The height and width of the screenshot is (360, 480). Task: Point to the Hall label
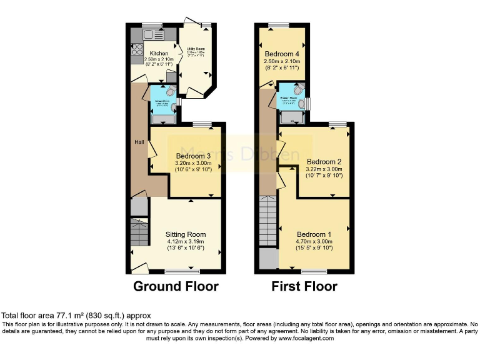[x=139, y=142]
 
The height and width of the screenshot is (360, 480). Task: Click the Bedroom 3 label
[x=194, y=156]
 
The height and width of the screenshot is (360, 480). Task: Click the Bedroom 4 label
[x=282, y=53]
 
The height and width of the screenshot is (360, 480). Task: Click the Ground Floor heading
[x=176, y=287]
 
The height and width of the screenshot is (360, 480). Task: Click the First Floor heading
[x=304, y=287]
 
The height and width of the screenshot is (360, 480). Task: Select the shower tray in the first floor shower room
[x=291, y=116]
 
